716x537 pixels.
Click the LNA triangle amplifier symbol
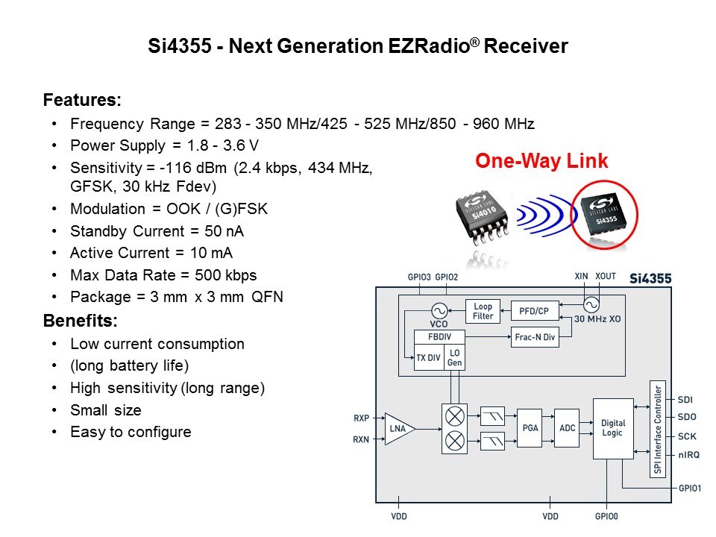398,429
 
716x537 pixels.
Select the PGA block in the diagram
529,427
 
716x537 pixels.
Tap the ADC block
567,427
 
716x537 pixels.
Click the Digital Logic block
613,428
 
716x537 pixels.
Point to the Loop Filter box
483,311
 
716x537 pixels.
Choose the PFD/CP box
533,310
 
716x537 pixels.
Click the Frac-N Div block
534,337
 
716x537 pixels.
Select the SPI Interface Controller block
657,429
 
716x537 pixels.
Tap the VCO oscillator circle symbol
439,310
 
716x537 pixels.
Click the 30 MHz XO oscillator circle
591,304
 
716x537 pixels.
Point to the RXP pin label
362,418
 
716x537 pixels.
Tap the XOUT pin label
606,276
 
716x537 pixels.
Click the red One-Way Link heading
541,160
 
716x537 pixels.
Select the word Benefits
79,321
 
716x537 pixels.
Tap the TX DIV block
429,357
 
